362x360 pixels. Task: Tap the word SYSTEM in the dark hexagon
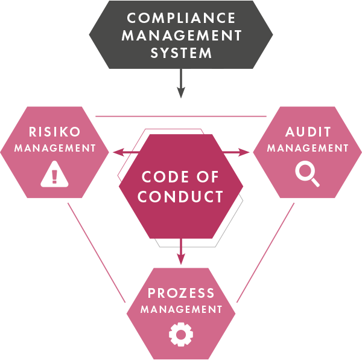coord(181,53)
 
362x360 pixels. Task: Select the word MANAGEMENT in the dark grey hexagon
coord(181,35)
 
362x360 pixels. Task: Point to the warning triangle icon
coord(54,175)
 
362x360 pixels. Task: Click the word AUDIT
coord(308,132)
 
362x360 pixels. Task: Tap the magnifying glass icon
coord(307,175)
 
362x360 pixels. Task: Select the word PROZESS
coord(181,294)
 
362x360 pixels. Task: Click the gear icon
coord(180,334)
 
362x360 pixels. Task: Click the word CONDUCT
coord(181,197)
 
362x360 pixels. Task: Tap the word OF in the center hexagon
coord(207,178)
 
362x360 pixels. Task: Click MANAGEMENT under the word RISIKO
coord(55,147)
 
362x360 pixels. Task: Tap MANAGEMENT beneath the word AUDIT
coord(308,147)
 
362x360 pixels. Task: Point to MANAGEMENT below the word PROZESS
coord(181,309)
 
